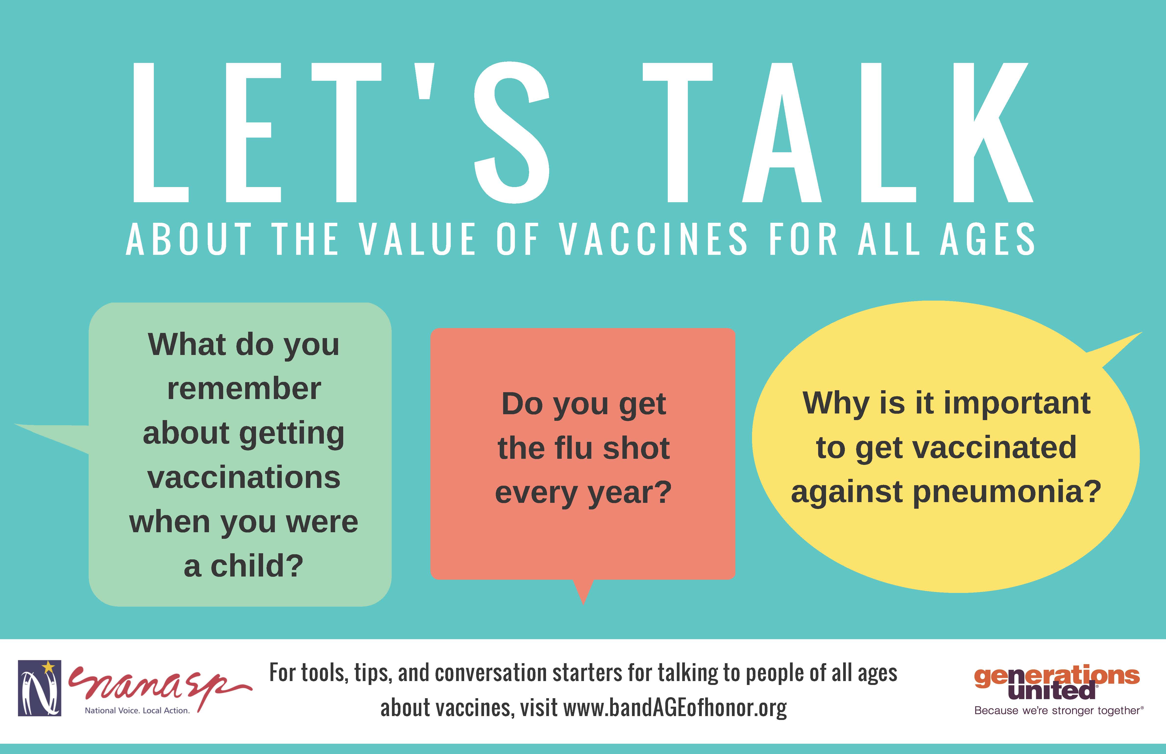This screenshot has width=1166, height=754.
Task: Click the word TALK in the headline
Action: point(838,132)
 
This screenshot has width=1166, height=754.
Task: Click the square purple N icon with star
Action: point(40,688)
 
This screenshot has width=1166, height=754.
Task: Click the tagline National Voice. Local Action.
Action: point(137,710)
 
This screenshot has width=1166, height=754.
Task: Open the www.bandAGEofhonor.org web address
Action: point(675,708)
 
